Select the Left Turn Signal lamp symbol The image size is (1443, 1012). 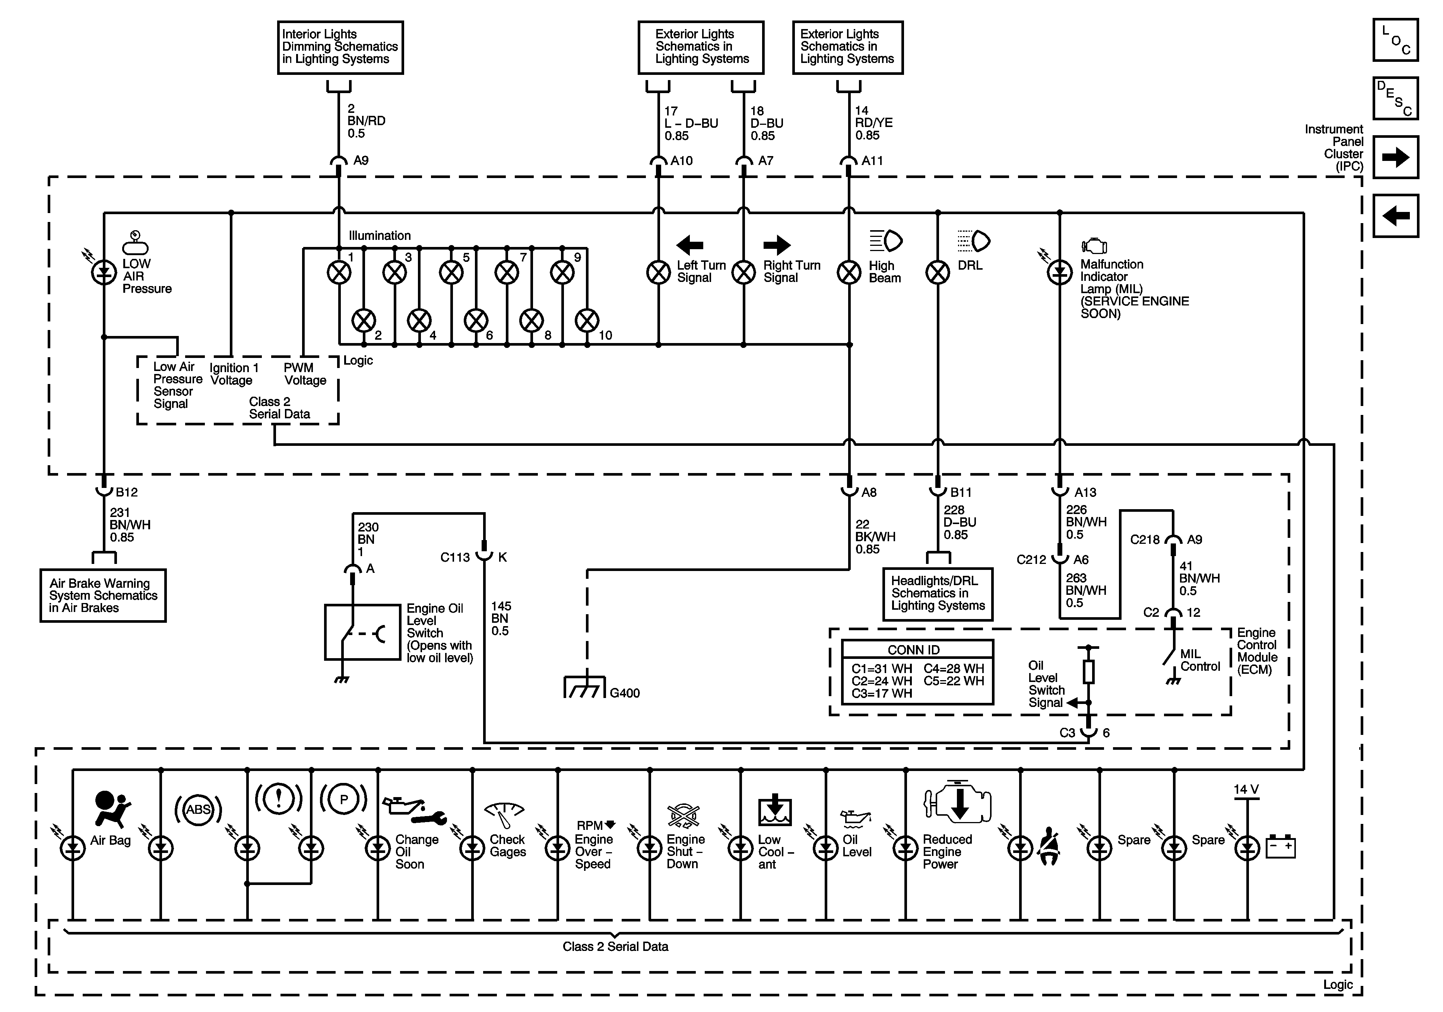point(658,273)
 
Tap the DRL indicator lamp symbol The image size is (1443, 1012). point(938,273)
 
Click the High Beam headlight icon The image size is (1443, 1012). point(886,241)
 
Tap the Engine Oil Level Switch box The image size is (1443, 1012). point(363,632)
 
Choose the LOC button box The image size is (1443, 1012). point(1395,40)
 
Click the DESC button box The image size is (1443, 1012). point(1395,98)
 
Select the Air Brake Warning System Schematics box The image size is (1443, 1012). point(103,595)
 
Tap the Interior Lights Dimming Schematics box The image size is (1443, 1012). point(340,47)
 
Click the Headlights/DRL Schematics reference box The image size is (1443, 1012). point(938,594)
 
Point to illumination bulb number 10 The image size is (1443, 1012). point(587,321)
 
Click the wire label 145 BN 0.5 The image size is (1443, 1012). point(501,619)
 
